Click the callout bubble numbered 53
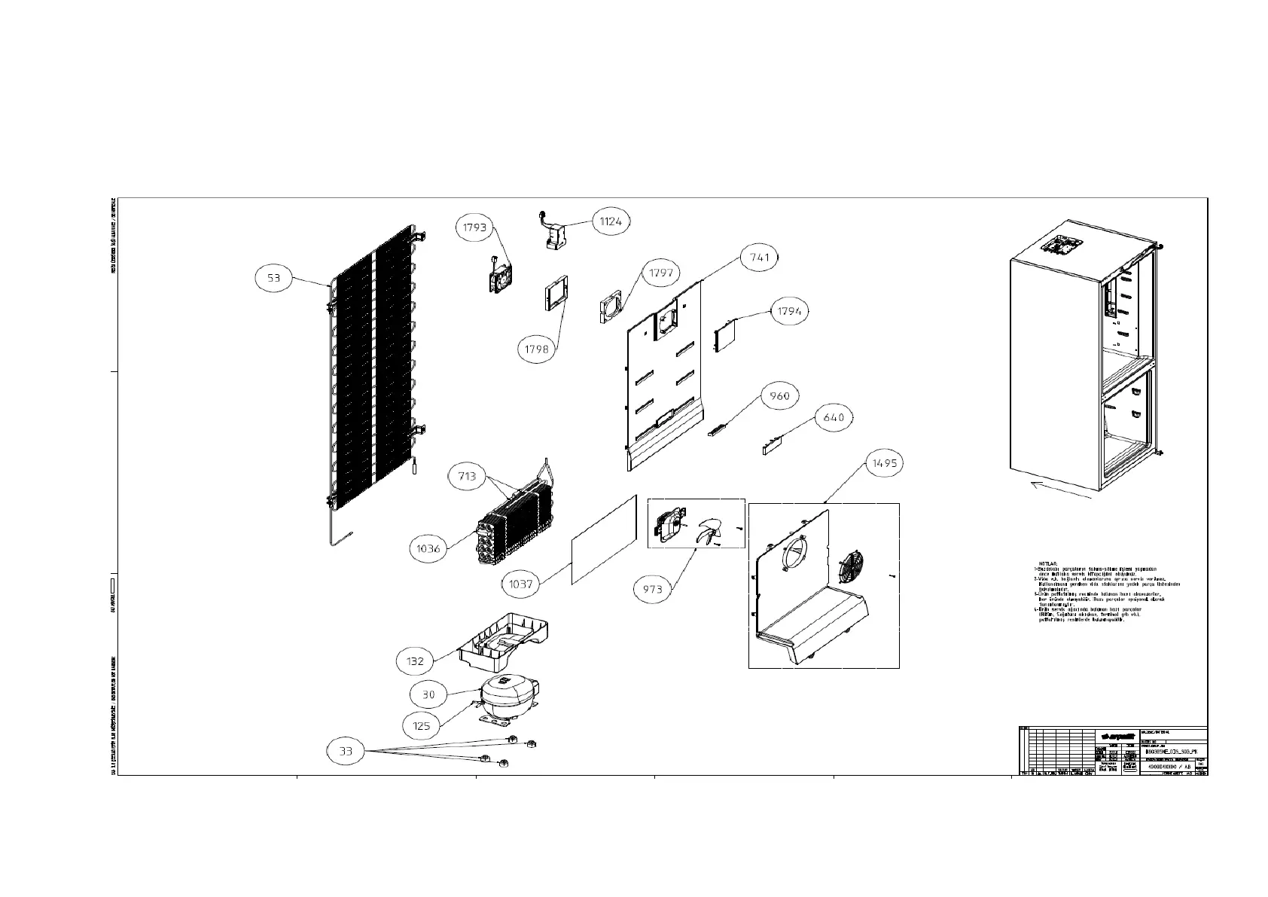pyautogui.click(x=273, y=279)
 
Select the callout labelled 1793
pyautogui.click(x=476, y=227)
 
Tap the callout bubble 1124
pyautogui.click(x=611, y=221)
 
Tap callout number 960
pyautogui.click(x=780, y=395)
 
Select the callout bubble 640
pyautogui.click(x=834, y=417)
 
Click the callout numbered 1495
pyautogui.click(x=885, y=463)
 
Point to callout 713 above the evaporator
pyautogui.click(x=467, y=476)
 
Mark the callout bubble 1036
pyautogui.click(x=428, y=549)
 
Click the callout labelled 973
pyautogui.click(x=652, y=589)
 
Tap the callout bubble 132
pyautogui.click(x=415, y=661)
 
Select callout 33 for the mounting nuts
pyautogui.click(x=346, y=751)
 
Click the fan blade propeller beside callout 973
pyautogui.click(x=708, y=532)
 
